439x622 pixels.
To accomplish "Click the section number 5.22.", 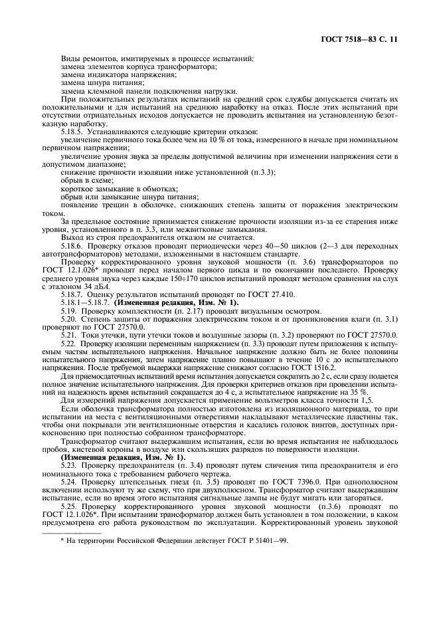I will [x=70, y=343].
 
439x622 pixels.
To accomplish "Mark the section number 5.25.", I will [x=70, y=505].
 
